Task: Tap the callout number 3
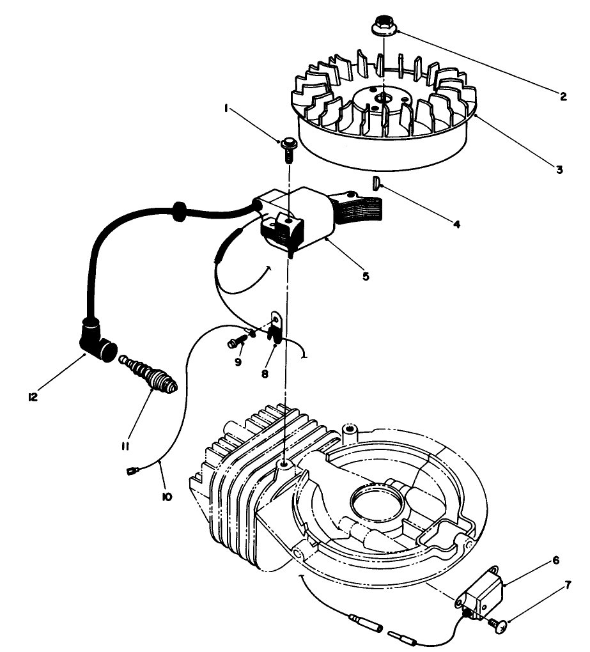(559, 169)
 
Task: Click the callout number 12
(33, 396)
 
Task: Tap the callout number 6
(555, 560)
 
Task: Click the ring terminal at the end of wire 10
(132, 473)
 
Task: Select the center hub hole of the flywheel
(384, 97)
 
